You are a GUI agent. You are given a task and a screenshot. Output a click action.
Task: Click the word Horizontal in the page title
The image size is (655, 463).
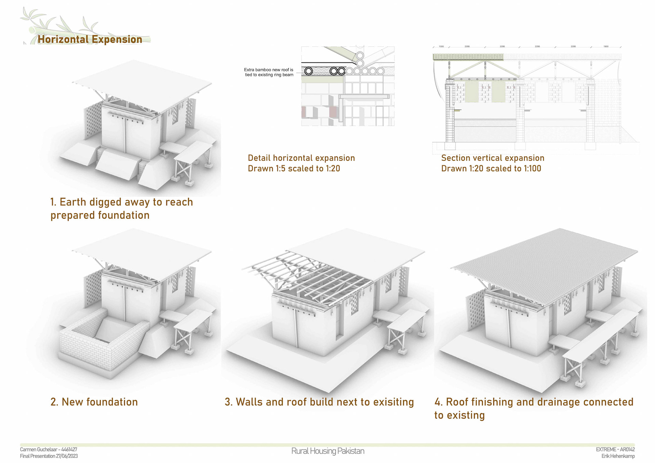[x=63, y=40]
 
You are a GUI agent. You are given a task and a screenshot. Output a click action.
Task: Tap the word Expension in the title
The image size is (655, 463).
[x=117, y=40]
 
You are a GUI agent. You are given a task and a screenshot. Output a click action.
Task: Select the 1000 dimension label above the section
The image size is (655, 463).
[x=441, y=46]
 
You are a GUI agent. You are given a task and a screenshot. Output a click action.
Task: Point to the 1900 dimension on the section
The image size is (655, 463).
[x=606, y=46]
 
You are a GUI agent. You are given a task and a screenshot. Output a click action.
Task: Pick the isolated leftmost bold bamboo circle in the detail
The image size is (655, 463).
[x=309, y=71]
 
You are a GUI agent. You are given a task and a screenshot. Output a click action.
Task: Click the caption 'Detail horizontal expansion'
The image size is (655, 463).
[x=301, y=158]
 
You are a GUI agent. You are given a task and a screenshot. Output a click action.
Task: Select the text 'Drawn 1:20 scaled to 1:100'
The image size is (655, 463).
[x=491, y=169]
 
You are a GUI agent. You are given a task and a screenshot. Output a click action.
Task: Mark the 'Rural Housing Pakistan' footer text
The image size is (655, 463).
[x=327, y=451]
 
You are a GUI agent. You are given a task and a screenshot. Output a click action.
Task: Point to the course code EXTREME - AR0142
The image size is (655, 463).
[x=615, y=450]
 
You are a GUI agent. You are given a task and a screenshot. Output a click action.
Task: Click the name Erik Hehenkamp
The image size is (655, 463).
[x=618, y=456]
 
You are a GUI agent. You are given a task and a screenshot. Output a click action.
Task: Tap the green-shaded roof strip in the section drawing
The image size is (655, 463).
[x=468, y=57]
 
